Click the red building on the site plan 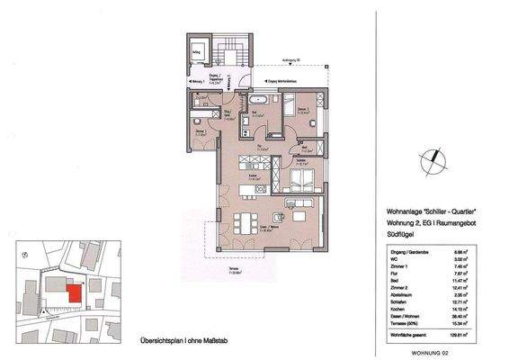pos(76,292)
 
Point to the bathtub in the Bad pos(257,98)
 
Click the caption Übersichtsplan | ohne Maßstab pos(177,340)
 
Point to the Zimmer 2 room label pos(303,109)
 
